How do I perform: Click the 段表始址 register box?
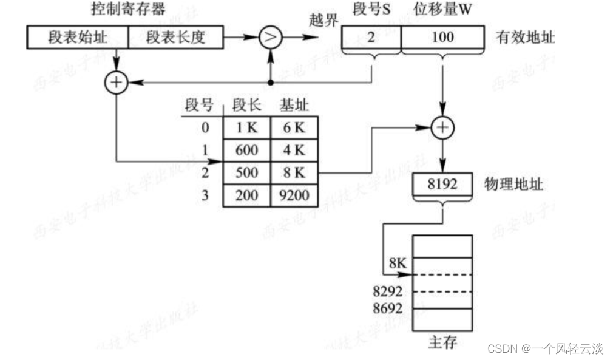[77, 38]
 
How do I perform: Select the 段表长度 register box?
[176, 38]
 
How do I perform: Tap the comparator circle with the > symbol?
[271, 38]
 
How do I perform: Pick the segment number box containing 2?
[370, 38]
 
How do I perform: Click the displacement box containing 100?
[442, 38]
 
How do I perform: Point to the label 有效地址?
[525, 38]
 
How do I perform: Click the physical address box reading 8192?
[442, 184]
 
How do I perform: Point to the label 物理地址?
[514, 184]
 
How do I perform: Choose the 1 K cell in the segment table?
[246, 127]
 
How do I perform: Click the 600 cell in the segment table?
[246, 150]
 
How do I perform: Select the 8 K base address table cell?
[294, 172]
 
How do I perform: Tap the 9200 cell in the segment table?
[294, 195]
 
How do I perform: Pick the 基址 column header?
[294, 106]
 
